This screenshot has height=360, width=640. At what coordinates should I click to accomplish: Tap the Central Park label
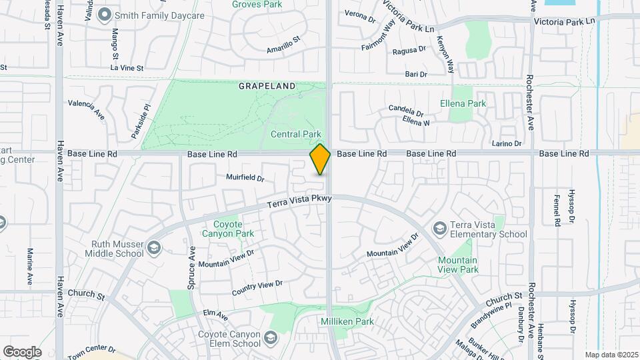[296, 134]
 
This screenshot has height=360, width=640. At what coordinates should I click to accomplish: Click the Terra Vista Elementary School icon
[439, 229]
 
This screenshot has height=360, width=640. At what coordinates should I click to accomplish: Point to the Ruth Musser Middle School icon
[154, 248]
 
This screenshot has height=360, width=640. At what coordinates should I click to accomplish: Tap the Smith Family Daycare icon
[104, 15]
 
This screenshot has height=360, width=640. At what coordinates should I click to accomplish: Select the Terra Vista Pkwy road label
[295, 202]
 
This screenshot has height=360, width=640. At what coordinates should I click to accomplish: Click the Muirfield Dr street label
[245, 179]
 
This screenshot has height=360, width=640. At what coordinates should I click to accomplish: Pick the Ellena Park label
[463, 103]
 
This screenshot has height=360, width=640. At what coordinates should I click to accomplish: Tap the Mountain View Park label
[458, 265]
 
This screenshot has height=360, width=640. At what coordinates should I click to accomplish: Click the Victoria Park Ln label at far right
[564, 22]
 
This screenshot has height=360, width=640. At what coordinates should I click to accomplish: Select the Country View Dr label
[257, 288]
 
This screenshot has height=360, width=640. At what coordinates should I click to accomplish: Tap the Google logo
[22, 351]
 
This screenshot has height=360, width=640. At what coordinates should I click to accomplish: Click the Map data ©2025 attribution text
[610, 355]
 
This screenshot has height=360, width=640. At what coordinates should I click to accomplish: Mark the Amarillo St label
[285, 49]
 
